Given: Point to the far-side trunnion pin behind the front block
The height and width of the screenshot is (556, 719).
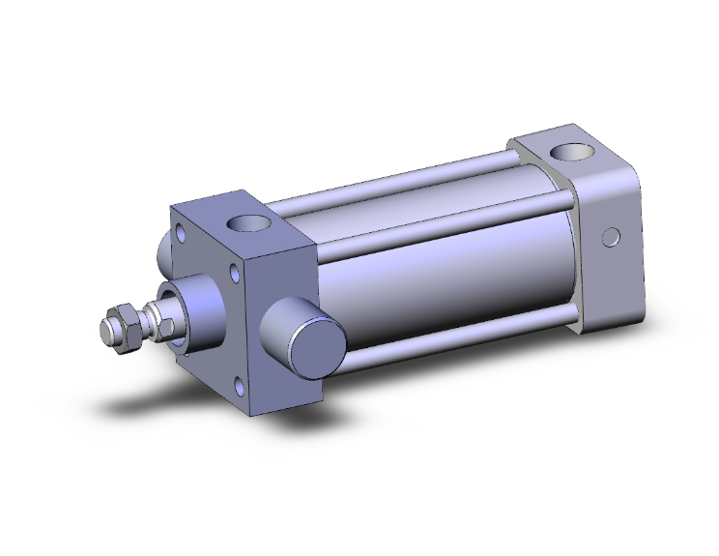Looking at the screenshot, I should coord(163,253).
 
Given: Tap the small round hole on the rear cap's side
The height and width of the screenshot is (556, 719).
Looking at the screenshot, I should coord(609,237).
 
